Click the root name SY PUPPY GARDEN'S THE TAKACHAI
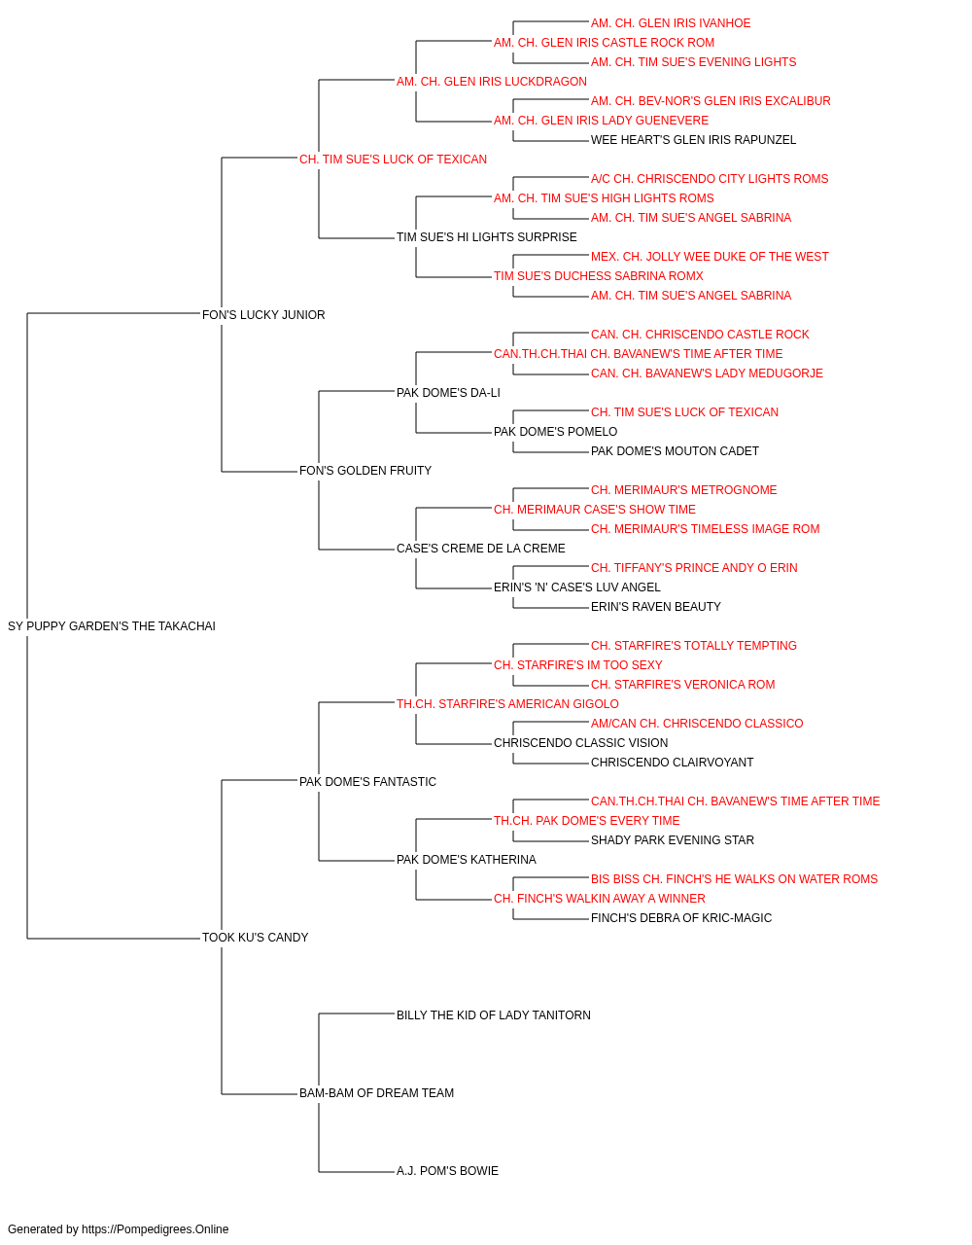pyautogui.click(x=112, y=626)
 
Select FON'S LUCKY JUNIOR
pyautogui.click(x=263, y=315)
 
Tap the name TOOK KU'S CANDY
pyautogui.click(x=256, y=938)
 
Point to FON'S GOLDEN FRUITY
pyautogui.click(x=365, y=471)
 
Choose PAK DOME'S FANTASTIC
pyautogui.click(x=367, y=782)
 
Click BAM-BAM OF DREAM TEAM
pyautogui.click(x=377, y=1093)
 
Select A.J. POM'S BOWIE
pyautogui.click(x=447, y=1171)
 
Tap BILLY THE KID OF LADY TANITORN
pyautogui.click(x=494, y=1015)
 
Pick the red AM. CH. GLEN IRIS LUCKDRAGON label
pyautogui.click(x=492, y=82)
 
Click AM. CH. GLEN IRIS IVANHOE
pyautogui.click(x=671, y=23)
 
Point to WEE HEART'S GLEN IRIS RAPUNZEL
pyautogui.click(x=693, y=140)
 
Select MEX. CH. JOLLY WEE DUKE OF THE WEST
pyautogui.click(x=710, y=257)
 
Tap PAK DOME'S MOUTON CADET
pyautogui.click(x=675, y=451)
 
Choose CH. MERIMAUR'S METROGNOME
pyautogui.click(x=683, y=490)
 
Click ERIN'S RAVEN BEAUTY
pyautogui.click(x=655, y=607)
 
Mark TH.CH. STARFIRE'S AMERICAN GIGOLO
pyautogui.click(x=507, y=704)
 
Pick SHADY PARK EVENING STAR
pyautogui.click(x=672, y=840)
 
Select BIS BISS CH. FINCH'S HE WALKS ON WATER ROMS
pyautogui.click(x=734, y=879)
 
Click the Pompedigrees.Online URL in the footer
pyautogui.click(x=155, y=1229)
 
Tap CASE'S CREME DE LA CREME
pyautogui.click(x=481, y=549)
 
